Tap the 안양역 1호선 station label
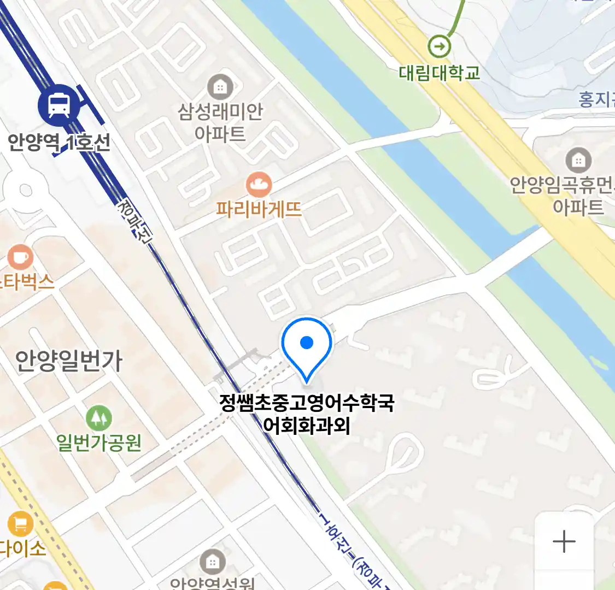click(59, 143)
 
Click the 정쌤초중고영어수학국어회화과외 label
click(307, 414)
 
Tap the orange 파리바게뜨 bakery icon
click(259, 185)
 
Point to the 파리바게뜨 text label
click(259, 209)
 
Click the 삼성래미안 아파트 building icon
click(220, 87)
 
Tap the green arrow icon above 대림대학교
click(439, 46)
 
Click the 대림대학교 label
click(439, 73)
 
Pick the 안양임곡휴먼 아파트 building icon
click(578, 160)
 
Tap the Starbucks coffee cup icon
click(21, 257)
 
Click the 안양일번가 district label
click(69, 361)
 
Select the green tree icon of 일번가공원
click(99, 418)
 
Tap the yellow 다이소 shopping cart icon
click(21, 525)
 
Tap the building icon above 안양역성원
click(213, 562)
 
